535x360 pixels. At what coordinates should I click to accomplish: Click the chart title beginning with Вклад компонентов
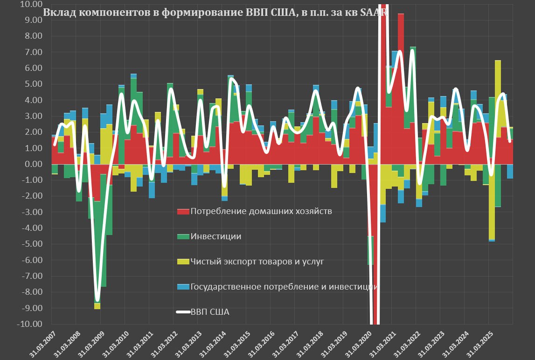click(215, 13)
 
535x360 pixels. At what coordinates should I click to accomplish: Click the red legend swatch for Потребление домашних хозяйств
click(183, 211)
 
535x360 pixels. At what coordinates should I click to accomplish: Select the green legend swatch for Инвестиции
click(183, 236)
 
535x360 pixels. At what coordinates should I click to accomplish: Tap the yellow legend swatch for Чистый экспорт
click(183, 262)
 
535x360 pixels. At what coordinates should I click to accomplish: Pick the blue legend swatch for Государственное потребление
click(183, 287)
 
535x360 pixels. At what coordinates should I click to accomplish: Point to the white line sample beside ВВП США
click(183, 312)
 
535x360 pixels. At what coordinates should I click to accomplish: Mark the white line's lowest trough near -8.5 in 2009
click(97, 300)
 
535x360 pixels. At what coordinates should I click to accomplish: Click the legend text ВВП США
click(210, 312)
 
